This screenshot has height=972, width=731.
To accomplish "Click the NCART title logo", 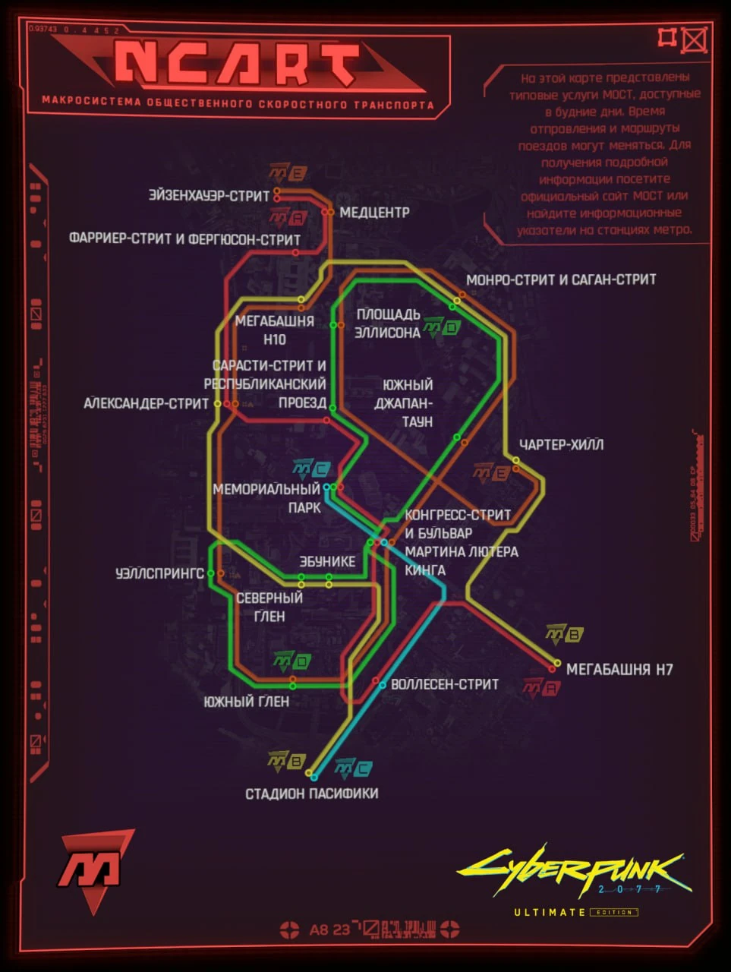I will [237, 64].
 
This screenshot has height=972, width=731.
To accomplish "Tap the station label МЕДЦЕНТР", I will [374, 213].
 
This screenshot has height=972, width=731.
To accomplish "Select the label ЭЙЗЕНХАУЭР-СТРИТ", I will [210, 196].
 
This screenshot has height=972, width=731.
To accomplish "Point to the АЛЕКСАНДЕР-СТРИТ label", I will [146, 403].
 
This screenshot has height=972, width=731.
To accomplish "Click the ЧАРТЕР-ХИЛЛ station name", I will [561, 444].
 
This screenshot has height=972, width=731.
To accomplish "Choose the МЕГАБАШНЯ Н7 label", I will [619, 670].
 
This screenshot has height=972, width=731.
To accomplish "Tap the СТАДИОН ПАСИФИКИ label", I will [311, 794].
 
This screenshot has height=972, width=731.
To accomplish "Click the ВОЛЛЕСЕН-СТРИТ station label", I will [445, 684].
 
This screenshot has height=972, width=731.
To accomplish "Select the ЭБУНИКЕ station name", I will [327, 562].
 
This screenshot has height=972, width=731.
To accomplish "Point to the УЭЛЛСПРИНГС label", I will [159, 573].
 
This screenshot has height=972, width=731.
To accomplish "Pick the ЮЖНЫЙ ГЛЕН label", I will [246, 702].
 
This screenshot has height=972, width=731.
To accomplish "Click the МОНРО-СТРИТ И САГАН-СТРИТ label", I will [561, 279].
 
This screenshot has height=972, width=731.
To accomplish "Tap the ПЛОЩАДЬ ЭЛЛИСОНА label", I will [388, 323].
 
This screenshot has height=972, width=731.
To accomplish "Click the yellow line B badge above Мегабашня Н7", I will [564, 634].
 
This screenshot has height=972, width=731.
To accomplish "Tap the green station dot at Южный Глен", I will [292, 686].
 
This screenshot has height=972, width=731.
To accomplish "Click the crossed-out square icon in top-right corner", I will [695, 39].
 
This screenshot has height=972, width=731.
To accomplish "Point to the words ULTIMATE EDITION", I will [575, 912].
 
